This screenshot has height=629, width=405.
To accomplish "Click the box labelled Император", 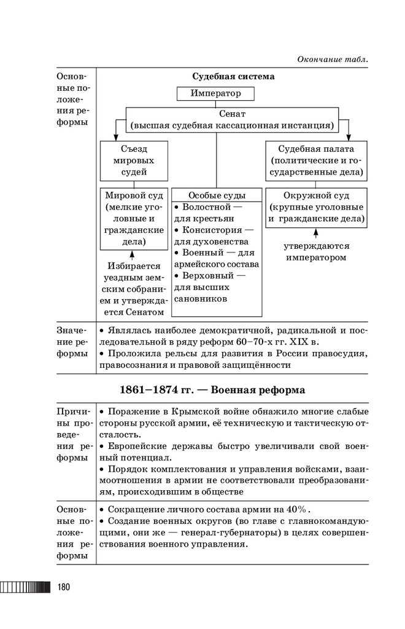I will click(215, 94).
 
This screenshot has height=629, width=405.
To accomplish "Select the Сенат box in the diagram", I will click(232, 120).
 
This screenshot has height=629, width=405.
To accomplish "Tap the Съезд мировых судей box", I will click(134, 160).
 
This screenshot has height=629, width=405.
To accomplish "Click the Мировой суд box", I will click(134, 219).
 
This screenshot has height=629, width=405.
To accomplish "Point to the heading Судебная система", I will click(233, 77).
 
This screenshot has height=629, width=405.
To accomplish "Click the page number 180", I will click(64, 587).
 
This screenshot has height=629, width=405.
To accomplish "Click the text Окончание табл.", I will click(333, 59).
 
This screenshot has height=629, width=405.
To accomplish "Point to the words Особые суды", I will click(217, 195).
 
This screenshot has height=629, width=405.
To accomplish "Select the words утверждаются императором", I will click(315, 252).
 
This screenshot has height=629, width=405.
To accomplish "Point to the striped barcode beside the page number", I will click(25, 587).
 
